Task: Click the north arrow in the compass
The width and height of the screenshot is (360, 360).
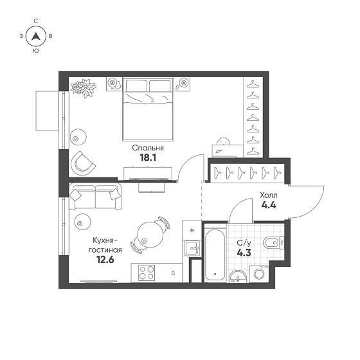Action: coord(36,36)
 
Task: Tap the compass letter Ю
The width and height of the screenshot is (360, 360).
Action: coord(36,51)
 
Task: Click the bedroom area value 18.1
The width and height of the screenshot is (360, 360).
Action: coord(148,157)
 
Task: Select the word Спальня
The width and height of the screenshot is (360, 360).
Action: coord(148,148)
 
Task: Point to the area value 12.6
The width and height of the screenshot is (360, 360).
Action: coord(105,260)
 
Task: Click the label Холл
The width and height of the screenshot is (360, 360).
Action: coord(269,195)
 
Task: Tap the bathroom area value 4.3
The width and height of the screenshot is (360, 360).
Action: coord(244,253)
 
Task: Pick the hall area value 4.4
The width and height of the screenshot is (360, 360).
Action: coord(269,205)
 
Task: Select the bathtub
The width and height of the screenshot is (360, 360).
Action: coord(215,254)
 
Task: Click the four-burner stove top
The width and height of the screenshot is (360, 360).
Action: coord(147,273)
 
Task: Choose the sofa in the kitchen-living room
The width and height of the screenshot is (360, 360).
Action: coord(95,197)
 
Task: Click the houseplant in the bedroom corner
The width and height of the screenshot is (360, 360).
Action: coord(83,87)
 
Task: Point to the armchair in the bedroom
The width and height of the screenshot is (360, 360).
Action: coord(82,163)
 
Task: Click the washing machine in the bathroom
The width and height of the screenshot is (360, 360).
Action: coord(260,274)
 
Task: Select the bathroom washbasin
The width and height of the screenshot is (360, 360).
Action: coord(238,276)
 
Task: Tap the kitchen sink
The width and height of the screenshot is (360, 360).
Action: coord(193,248)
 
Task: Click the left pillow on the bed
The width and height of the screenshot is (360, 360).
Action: coord(136,86)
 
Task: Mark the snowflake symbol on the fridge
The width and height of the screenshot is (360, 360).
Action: coord(192,230)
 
